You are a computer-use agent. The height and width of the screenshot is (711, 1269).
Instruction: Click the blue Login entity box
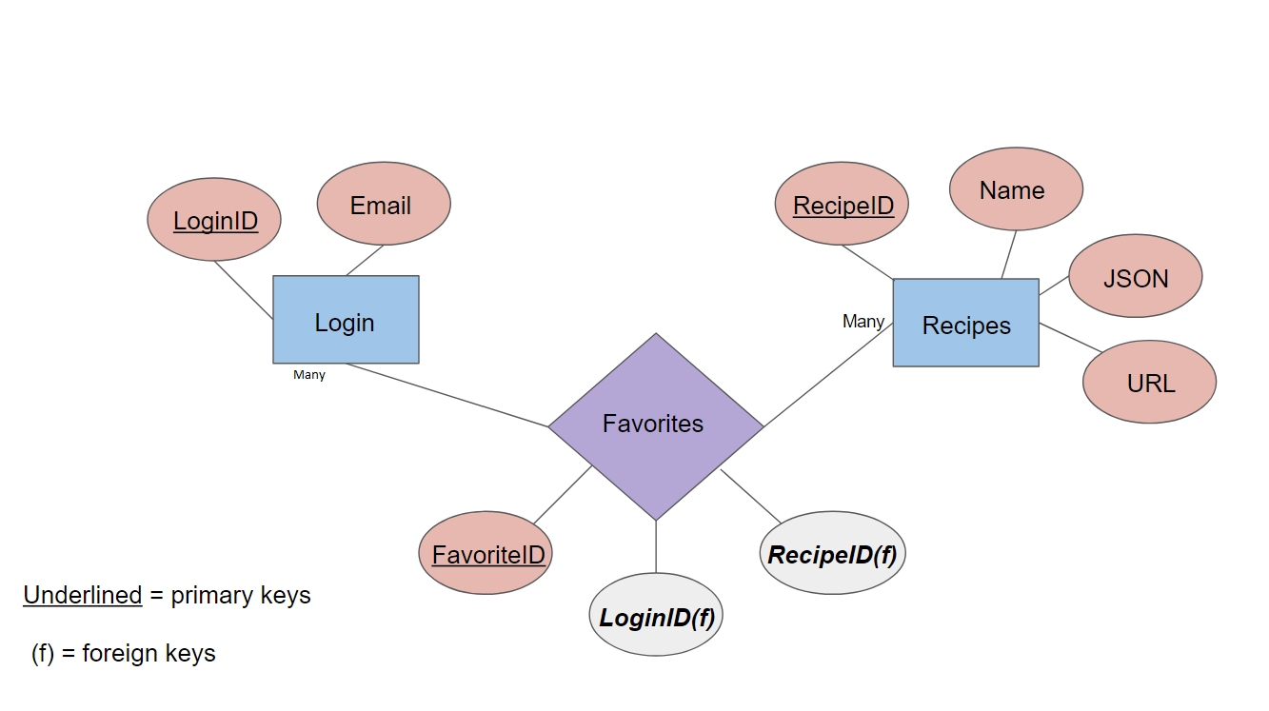click(346, 320)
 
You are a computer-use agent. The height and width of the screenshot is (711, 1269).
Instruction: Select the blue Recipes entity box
click(965, 323)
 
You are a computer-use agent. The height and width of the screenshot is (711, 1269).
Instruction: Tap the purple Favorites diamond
click(655, 425)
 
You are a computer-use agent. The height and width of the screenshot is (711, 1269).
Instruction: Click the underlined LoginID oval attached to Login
click(214, 221)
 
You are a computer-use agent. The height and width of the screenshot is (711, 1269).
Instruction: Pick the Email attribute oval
click(383, 205)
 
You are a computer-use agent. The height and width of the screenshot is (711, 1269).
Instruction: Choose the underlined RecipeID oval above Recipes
click(842, 205)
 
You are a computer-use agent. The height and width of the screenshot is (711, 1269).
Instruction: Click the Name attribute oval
click(1015, 189)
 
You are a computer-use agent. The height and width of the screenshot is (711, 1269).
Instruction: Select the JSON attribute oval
click(1135, 277)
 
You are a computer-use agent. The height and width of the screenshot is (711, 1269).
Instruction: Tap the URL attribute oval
click(1149, 382)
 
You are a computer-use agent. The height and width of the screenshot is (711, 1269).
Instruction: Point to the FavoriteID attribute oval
click(486, 553)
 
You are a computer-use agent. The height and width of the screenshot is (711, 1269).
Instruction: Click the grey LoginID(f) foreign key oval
click(655, 616)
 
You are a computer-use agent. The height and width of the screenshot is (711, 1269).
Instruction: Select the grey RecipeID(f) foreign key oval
click(832, 553)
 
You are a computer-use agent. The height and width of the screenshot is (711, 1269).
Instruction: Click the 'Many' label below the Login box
click(309, 375)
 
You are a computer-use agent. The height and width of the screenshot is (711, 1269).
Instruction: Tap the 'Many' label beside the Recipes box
click(863, 322)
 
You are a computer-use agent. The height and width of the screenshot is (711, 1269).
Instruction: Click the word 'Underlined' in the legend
click(82, 596)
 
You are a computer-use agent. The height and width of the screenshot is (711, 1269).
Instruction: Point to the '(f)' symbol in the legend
click(43, 654)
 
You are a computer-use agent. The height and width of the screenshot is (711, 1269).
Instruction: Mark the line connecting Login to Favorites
click(447, 395)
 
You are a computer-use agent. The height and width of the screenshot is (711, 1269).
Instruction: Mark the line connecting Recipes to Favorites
click(828, 374)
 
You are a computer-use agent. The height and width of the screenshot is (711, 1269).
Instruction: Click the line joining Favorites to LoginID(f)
click(656, 547)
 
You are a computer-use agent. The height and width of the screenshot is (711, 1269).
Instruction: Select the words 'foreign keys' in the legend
click(149, 654)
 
